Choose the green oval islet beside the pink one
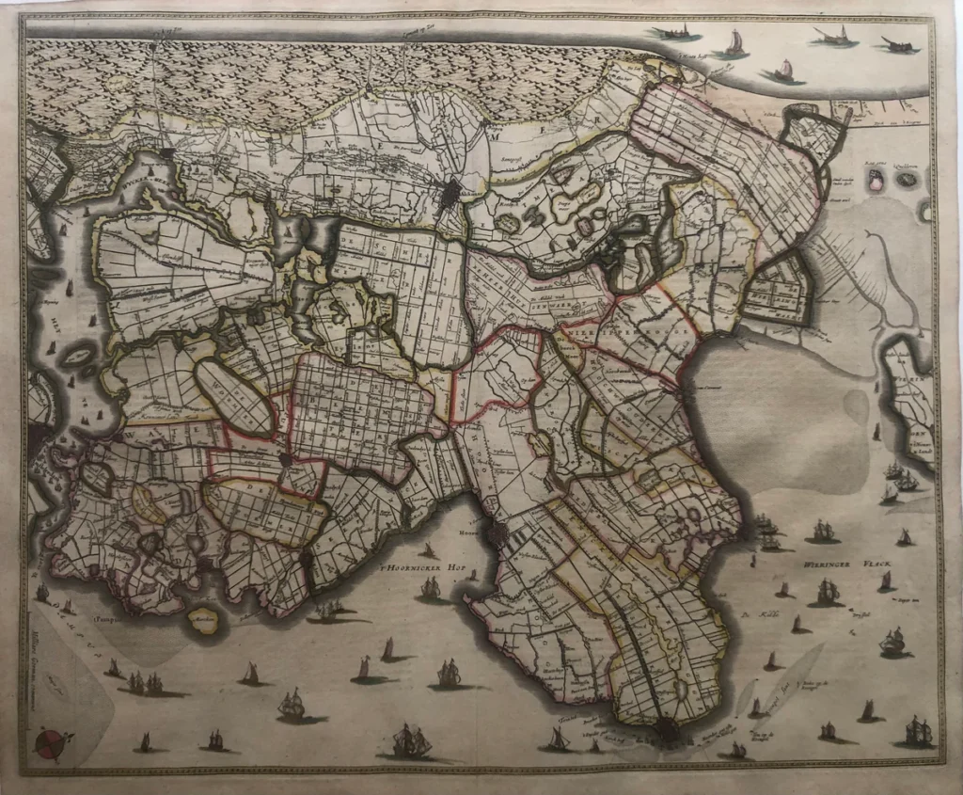(908, 178)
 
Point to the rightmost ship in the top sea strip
(898, 44)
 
